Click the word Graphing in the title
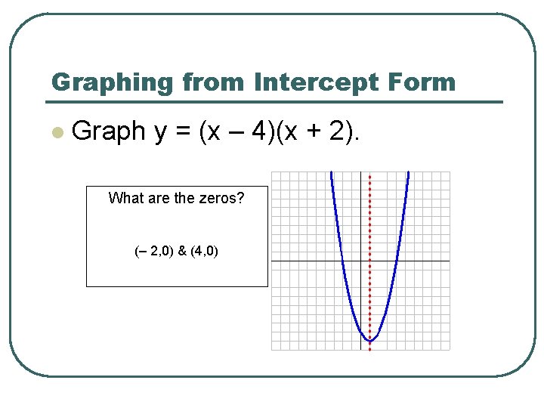100,82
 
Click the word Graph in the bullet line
108,131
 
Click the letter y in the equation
161,133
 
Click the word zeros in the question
220,199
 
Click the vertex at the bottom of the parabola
369,342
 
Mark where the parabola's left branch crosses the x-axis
342,261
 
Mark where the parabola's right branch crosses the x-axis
397,261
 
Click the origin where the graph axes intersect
360,261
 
